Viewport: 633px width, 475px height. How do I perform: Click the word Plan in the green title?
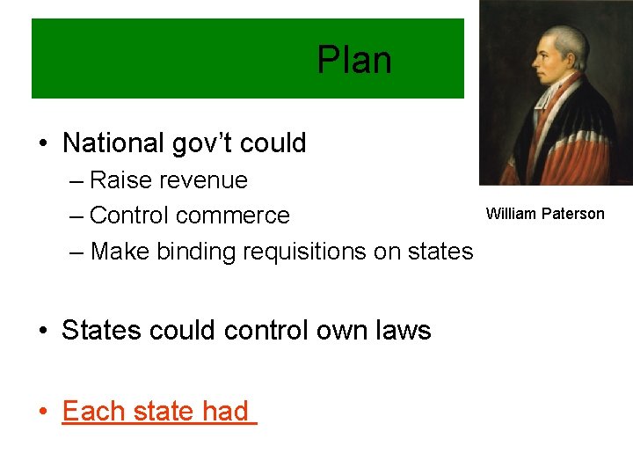point(354,61)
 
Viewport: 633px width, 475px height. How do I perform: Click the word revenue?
point(206,180)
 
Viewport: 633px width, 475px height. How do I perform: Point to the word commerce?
point(237,216)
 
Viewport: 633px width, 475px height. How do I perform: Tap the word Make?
point(120,252)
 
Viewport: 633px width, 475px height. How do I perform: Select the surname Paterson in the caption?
point(573,214)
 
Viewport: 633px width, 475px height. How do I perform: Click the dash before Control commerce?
point(77,216)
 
